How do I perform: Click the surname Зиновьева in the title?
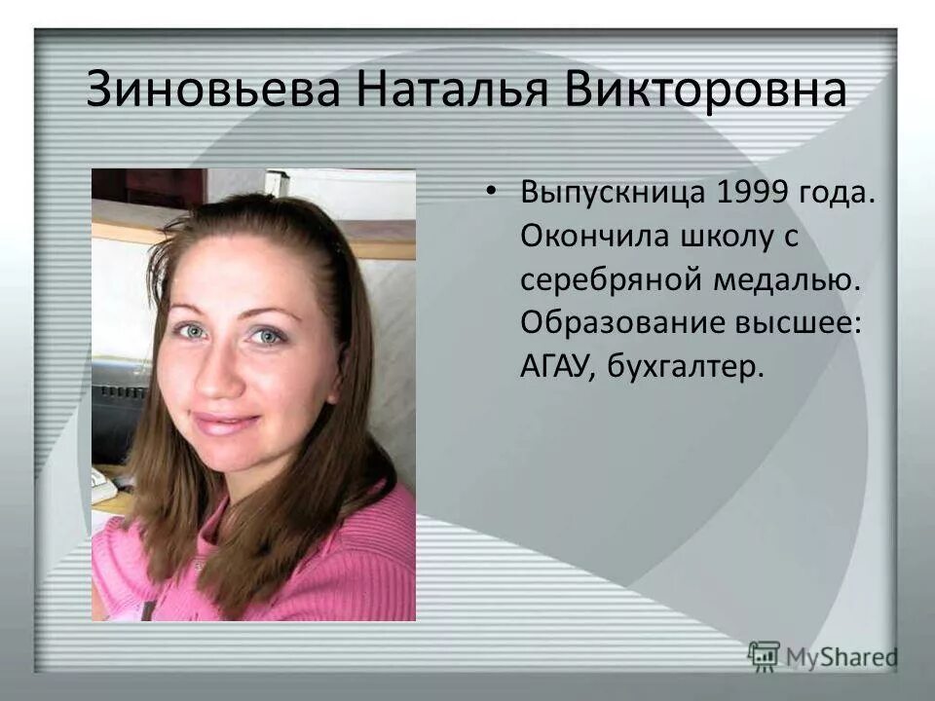tap(213, 90)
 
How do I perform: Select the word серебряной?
tap(604, 279)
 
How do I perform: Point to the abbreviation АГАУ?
tap(556, 367)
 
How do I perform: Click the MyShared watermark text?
tap(842, 657)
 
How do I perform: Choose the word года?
tap(841, 192)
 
